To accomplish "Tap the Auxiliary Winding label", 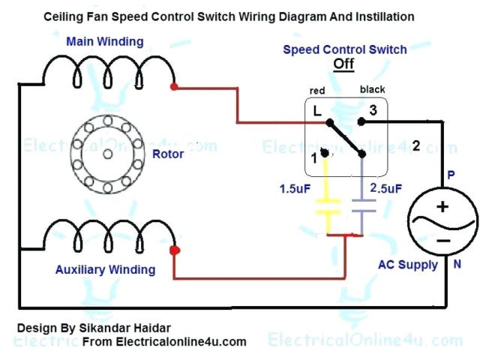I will (106, 269).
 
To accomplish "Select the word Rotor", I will (168, 154).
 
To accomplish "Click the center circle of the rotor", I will (106, 154).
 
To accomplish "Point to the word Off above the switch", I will (343, 64).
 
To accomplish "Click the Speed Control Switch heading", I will (344, 49).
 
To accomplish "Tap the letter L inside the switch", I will (317, 111).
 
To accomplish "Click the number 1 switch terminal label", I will (315, 159).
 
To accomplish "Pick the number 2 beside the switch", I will (416, 145).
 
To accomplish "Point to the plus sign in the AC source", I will (442, 206).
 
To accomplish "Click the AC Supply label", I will (409, 264).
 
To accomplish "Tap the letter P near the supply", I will (451, 173).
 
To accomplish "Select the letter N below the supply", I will (456, 264).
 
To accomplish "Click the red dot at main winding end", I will (174, 88).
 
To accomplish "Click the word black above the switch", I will (372, 89).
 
